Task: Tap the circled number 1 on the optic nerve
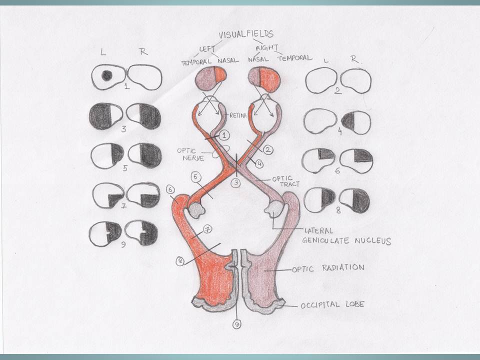pyautogui.click(x=224, y=135)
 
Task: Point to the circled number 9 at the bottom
pyautogui.click(x=236, y=324)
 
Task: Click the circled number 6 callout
pyautogui.click(x=170, y=190)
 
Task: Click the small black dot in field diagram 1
pyautogui.click(x=106, y=75)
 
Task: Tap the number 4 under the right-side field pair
pyautogui.click(x=339, y=133)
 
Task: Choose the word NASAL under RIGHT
pyautogui.click(x=258, y=58)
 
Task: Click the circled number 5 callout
pyautogui.click(x=196, y=176)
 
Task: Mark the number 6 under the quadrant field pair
pyautogui.click(x=337, y=170)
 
